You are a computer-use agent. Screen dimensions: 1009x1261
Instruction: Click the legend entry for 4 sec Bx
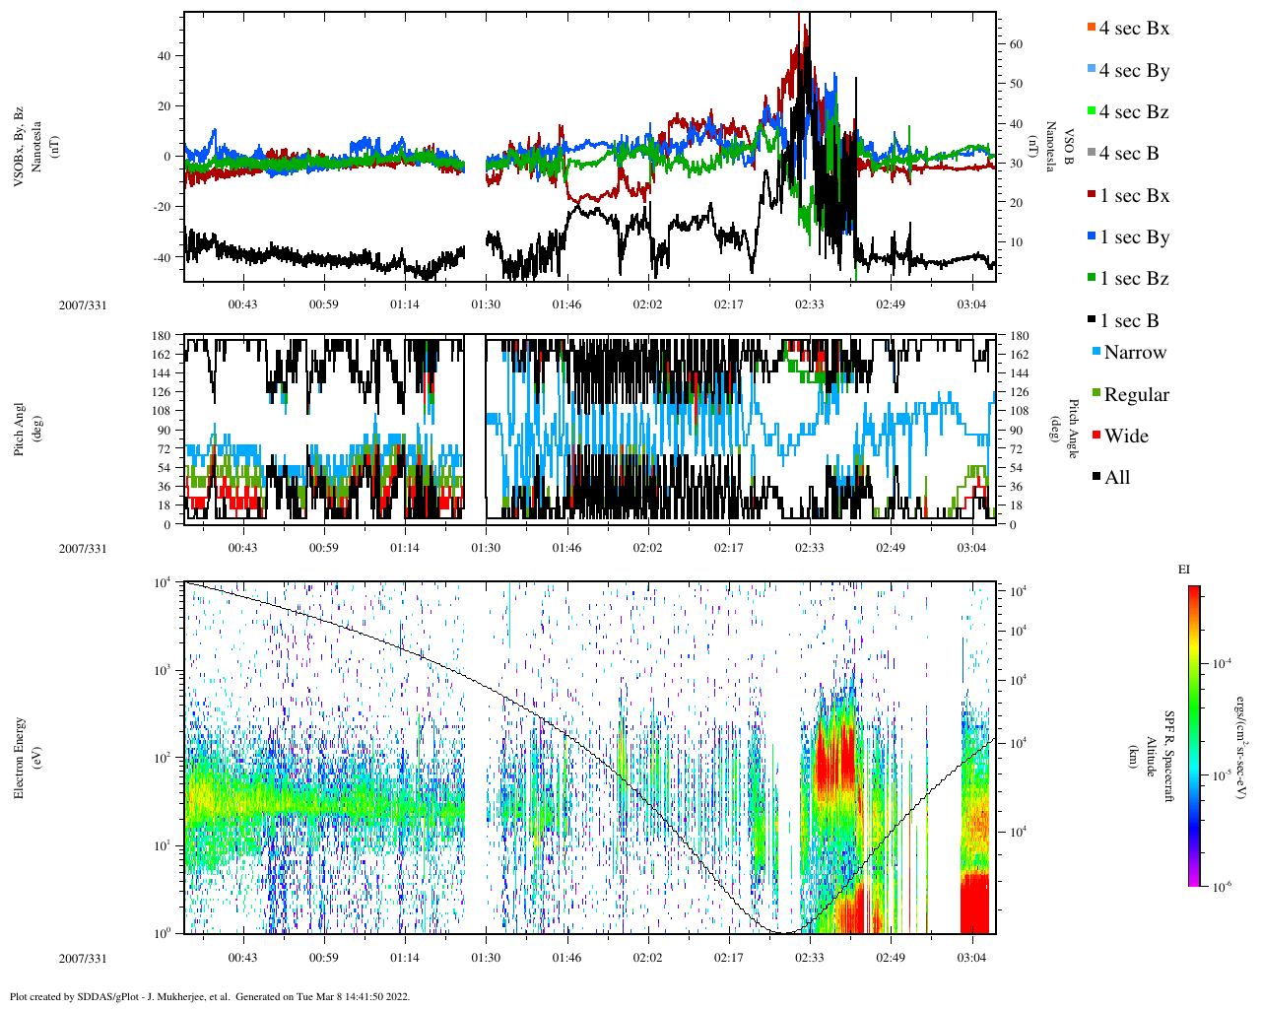point(1133,29)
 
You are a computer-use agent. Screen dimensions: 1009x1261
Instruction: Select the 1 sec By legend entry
point(1133,237)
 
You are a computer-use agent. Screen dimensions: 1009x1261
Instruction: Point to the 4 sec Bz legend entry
point(1133,112)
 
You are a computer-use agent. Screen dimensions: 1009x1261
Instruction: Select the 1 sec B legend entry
point(1129,321)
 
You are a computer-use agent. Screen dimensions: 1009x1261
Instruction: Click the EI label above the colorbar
point(1184,570)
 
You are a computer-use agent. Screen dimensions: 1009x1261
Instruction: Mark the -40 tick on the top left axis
point(164,257)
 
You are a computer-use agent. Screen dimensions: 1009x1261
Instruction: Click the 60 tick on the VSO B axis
point(1016,44)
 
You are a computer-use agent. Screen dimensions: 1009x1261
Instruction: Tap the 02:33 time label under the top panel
point(810,304)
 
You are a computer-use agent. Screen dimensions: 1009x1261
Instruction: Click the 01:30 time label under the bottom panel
point(485,958)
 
